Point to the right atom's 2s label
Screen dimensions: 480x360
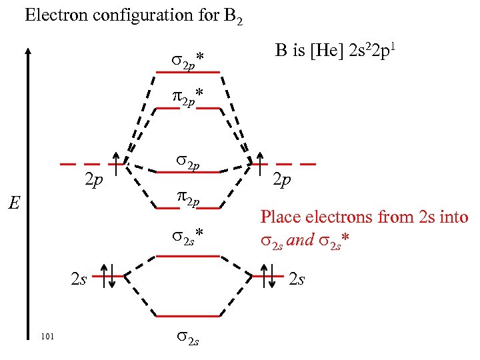pos(297,278)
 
